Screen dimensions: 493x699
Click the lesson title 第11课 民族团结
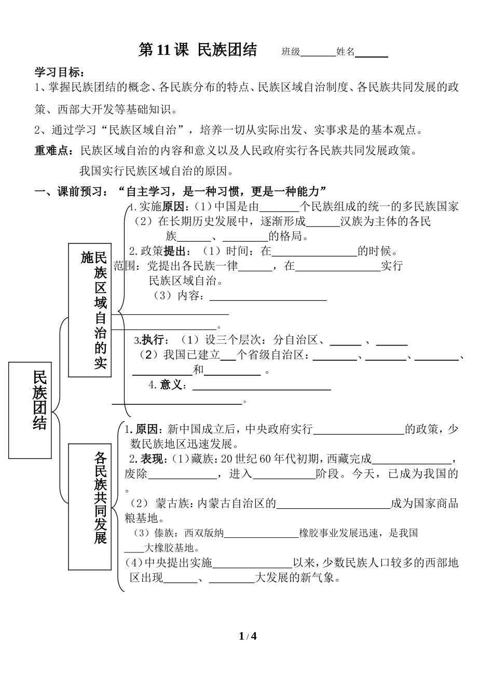pos(198,50)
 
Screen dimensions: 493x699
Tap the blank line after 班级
pos(318,56)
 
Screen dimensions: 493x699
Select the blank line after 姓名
pos(372,57)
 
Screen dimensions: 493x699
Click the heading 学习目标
pos(59,72)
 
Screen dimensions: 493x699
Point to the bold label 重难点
pos(54,151)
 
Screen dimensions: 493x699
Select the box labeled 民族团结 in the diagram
pos(30,410)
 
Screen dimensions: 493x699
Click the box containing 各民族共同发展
pos(90,507)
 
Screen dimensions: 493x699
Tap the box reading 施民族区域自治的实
pos(90,310)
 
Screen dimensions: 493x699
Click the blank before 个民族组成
pos(279,212)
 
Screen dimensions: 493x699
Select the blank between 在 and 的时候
pos(314,256)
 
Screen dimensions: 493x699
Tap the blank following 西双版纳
pos(262,537)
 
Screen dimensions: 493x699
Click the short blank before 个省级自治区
pos(228,360)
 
